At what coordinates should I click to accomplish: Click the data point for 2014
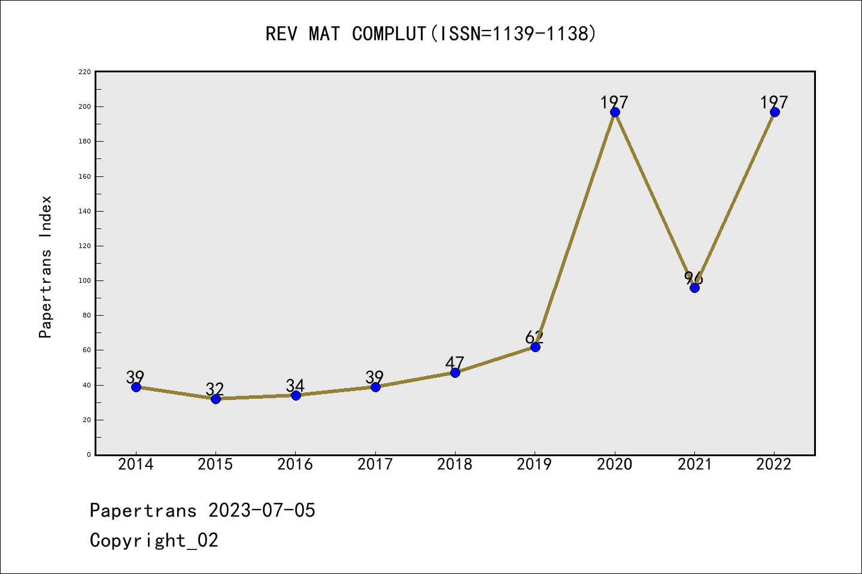coord(136,387)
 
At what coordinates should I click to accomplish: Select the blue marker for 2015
coord(215,399)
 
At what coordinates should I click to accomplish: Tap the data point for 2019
coord(535,347)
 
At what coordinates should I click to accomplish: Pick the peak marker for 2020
coord(615,112)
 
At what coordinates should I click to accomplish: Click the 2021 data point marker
coord(694,288)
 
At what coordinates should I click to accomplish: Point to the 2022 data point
coord(775,112)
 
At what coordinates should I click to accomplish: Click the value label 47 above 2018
coord(455,363)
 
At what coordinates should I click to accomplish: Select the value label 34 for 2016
coord(295,386)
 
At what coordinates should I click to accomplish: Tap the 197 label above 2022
coord(774,102)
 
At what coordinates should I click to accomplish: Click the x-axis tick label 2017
coord(375,465)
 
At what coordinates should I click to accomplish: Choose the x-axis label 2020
coord(615,465)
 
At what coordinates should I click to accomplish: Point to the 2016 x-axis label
coord(295,465)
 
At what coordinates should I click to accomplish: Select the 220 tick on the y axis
coord(85,72)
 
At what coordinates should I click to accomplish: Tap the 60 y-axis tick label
coord(87,350)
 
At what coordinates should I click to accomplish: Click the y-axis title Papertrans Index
coord(45,267)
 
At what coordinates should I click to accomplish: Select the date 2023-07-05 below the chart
coord(262,511)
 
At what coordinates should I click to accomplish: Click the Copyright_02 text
coord(154,541)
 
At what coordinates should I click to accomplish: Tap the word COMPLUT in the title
coord(388,34)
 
